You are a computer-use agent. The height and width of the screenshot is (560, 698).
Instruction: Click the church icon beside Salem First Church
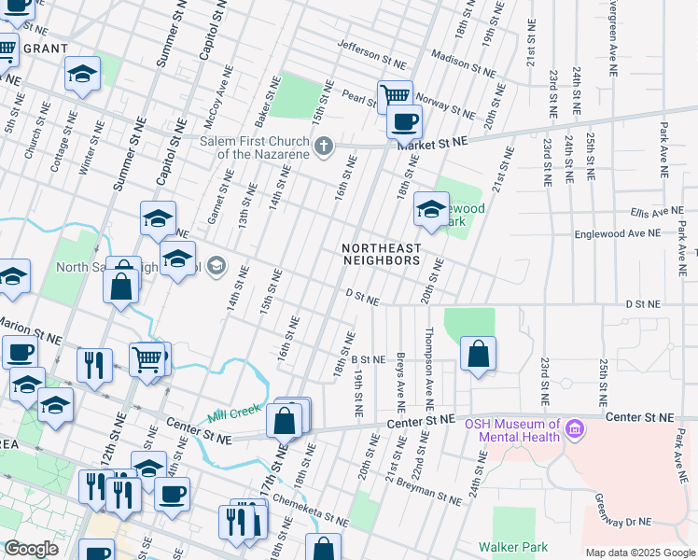(x=324, y=146)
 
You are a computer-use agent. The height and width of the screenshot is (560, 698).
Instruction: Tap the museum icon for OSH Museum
(x=574, y=430)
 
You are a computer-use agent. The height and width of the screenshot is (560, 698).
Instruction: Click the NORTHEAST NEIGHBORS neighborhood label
(x=381, y=254)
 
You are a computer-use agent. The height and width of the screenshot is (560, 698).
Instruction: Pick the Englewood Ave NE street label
(x=618, y=234)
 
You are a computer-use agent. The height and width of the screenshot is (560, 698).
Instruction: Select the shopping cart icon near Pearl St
(x=395, y=95)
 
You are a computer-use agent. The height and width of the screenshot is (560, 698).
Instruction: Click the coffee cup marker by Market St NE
(x=404, y=120)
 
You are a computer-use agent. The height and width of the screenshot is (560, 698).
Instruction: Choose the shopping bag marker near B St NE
(x=478, y=354)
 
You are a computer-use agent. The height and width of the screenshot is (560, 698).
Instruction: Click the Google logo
(x=32, y=549)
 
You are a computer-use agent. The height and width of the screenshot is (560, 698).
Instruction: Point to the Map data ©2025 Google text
(x=639, y=553)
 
